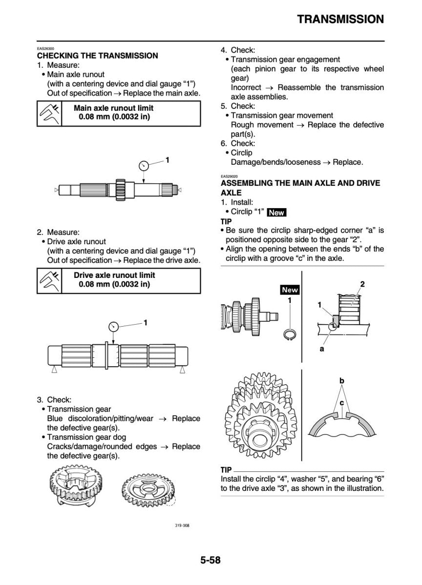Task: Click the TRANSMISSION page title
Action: [340, 19]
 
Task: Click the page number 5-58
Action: [210, 560]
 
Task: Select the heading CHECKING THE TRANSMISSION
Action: [98, 56]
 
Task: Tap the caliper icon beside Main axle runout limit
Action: [49, 113]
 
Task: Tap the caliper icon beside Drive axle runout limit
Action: [49, 280]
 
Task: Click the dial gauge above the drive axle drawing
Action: [113, 327]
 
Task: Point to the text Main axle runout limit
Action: [113, 108]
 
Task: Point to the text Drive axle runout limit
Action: [114, 275]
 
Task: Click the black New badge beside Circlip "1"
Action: [277, 213]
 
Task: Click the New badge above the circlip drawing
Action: [290, 290]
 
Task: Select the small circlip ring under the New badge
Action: [290, 333]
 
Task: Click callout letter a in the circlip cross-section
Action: [322, 349]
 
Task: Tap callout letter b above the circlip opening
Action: [342, 380]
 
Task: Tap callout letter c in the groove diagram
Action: [342, 403]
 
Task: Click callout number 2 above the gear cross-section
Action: [362, 284]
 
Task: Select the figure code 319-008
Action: [182, 526]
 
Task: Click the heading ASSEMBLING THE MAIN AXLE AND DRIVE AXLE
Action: [300, 188]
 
